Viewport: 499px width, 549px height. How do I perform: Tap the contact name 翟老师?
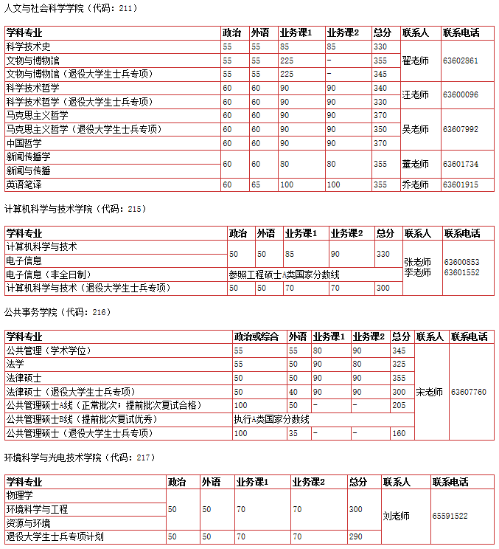(x=415, y=60)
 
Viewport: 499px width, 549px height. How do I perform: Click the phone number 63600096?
(x=460, y=94)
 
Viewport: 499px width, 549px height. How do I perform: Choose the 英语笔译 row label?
(x=24, y=184)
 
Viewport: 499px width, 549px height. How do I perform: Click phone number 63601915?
(x=460, y=184)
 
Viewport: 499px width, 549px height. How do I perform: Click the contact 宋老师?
(x=430, y=392)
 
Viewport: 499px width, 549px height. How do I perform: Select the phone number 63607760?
(x=469, y=392)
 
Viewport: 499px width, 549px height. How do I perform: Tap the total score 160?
(x=399, y=433)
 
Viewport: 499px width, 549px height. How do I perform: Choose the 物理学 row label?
(x=19, y=495)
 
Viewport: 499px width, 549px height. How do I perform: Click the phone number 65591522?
(x=450, y=516)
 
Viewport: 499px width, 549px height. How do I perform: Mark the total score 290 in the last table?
(x=356, y=536)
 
